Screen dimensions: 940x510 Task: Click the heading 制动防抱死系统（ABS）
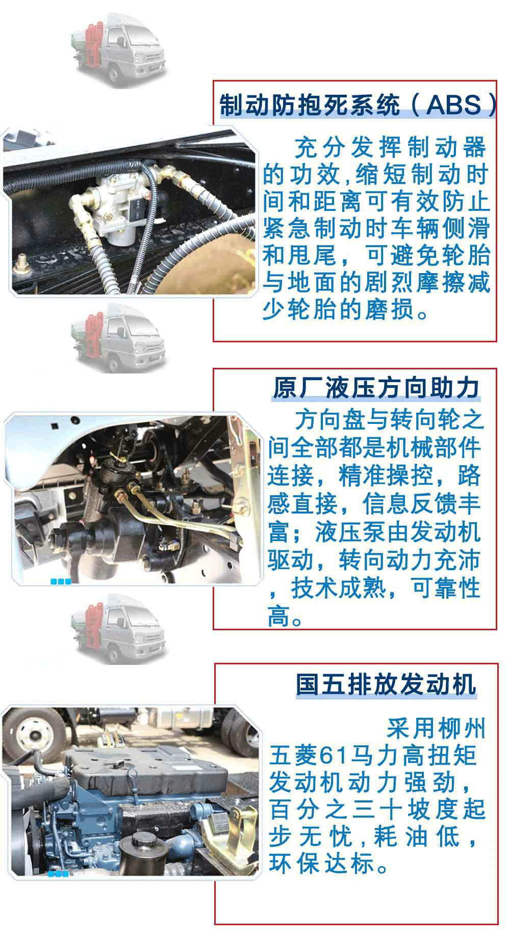357,105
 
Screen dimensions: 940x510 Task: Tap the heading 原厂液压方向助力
376,388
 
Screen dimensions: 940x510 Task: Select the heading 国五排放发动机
386,684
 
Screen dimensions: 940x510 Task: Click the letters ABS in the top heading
453,105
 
